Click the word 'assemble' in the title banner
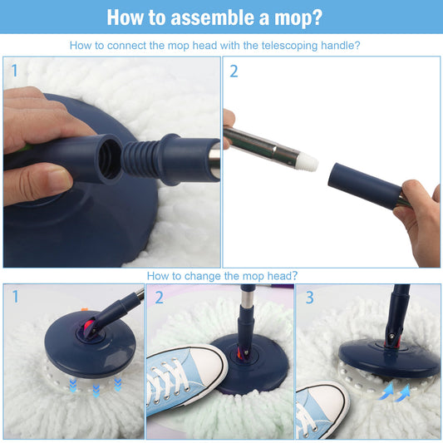click(213, 17)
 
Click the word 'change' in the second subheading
click(202, 276)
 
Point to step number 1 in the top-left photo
click(15, 71)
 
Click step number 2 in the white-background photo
click(234, 71)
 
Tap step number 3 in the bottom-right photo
click(310, 298)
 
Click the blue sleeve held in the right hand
click(365, 185)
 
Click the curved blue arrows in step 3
click(395, 392)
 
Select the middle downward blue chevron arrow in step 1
click(96, 391)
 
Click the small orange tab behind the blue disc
click(85, 310)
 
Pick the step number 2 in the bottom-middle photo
click(159, 298)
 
